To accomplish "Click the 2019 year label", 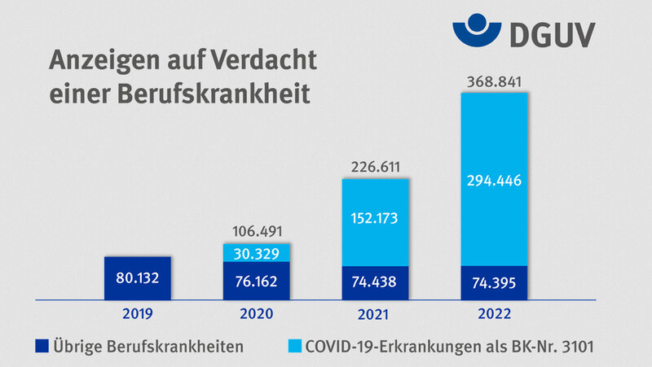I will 139,312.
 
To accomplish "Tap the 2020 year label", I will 256,312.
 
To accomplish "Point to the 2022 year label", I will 494,312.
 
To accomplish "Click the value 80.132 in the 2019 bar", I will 139,277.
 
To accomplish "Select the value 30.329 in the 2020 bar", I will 256,252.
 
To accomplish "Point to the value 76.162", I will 256,282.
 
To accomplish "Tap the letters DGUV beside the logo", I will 553,34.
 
